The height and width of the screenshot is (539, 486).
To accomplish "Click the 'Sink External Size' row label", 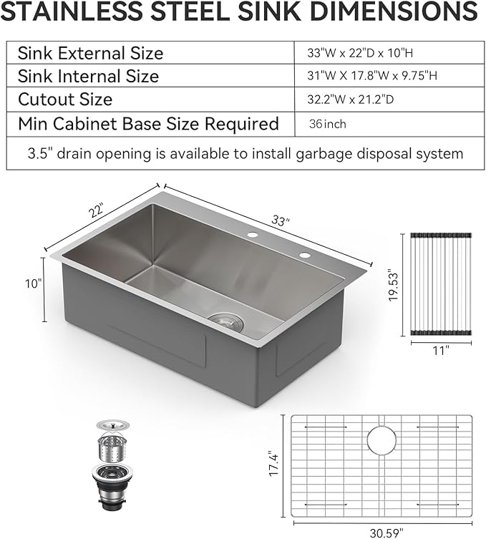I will [90, 53].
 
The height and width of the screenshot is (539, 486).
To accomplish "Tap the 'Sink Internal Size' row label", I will [88, 76].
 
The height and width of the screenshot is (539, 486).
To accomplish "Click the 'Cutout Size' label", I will [65, 99].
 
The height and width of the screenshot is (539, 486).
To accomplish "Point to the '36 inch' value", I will [328, 124].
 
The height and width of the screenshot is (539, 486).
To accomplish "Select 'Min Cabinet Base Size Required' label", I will [148, 124].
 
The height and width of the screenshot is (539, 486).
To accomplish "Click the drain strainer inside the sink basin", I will [227, 321].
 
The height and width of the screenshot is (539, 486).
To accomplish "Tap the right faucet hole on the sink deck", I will [305, 255].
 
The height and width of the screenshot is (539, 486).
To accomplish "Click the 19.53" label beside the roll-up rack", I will [392, 286].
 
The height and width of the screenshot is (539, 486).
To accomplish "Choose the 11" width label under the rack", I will [441, 351].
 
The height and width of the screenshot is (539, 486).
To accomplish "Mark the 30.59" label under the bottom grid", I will [381, 532].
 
